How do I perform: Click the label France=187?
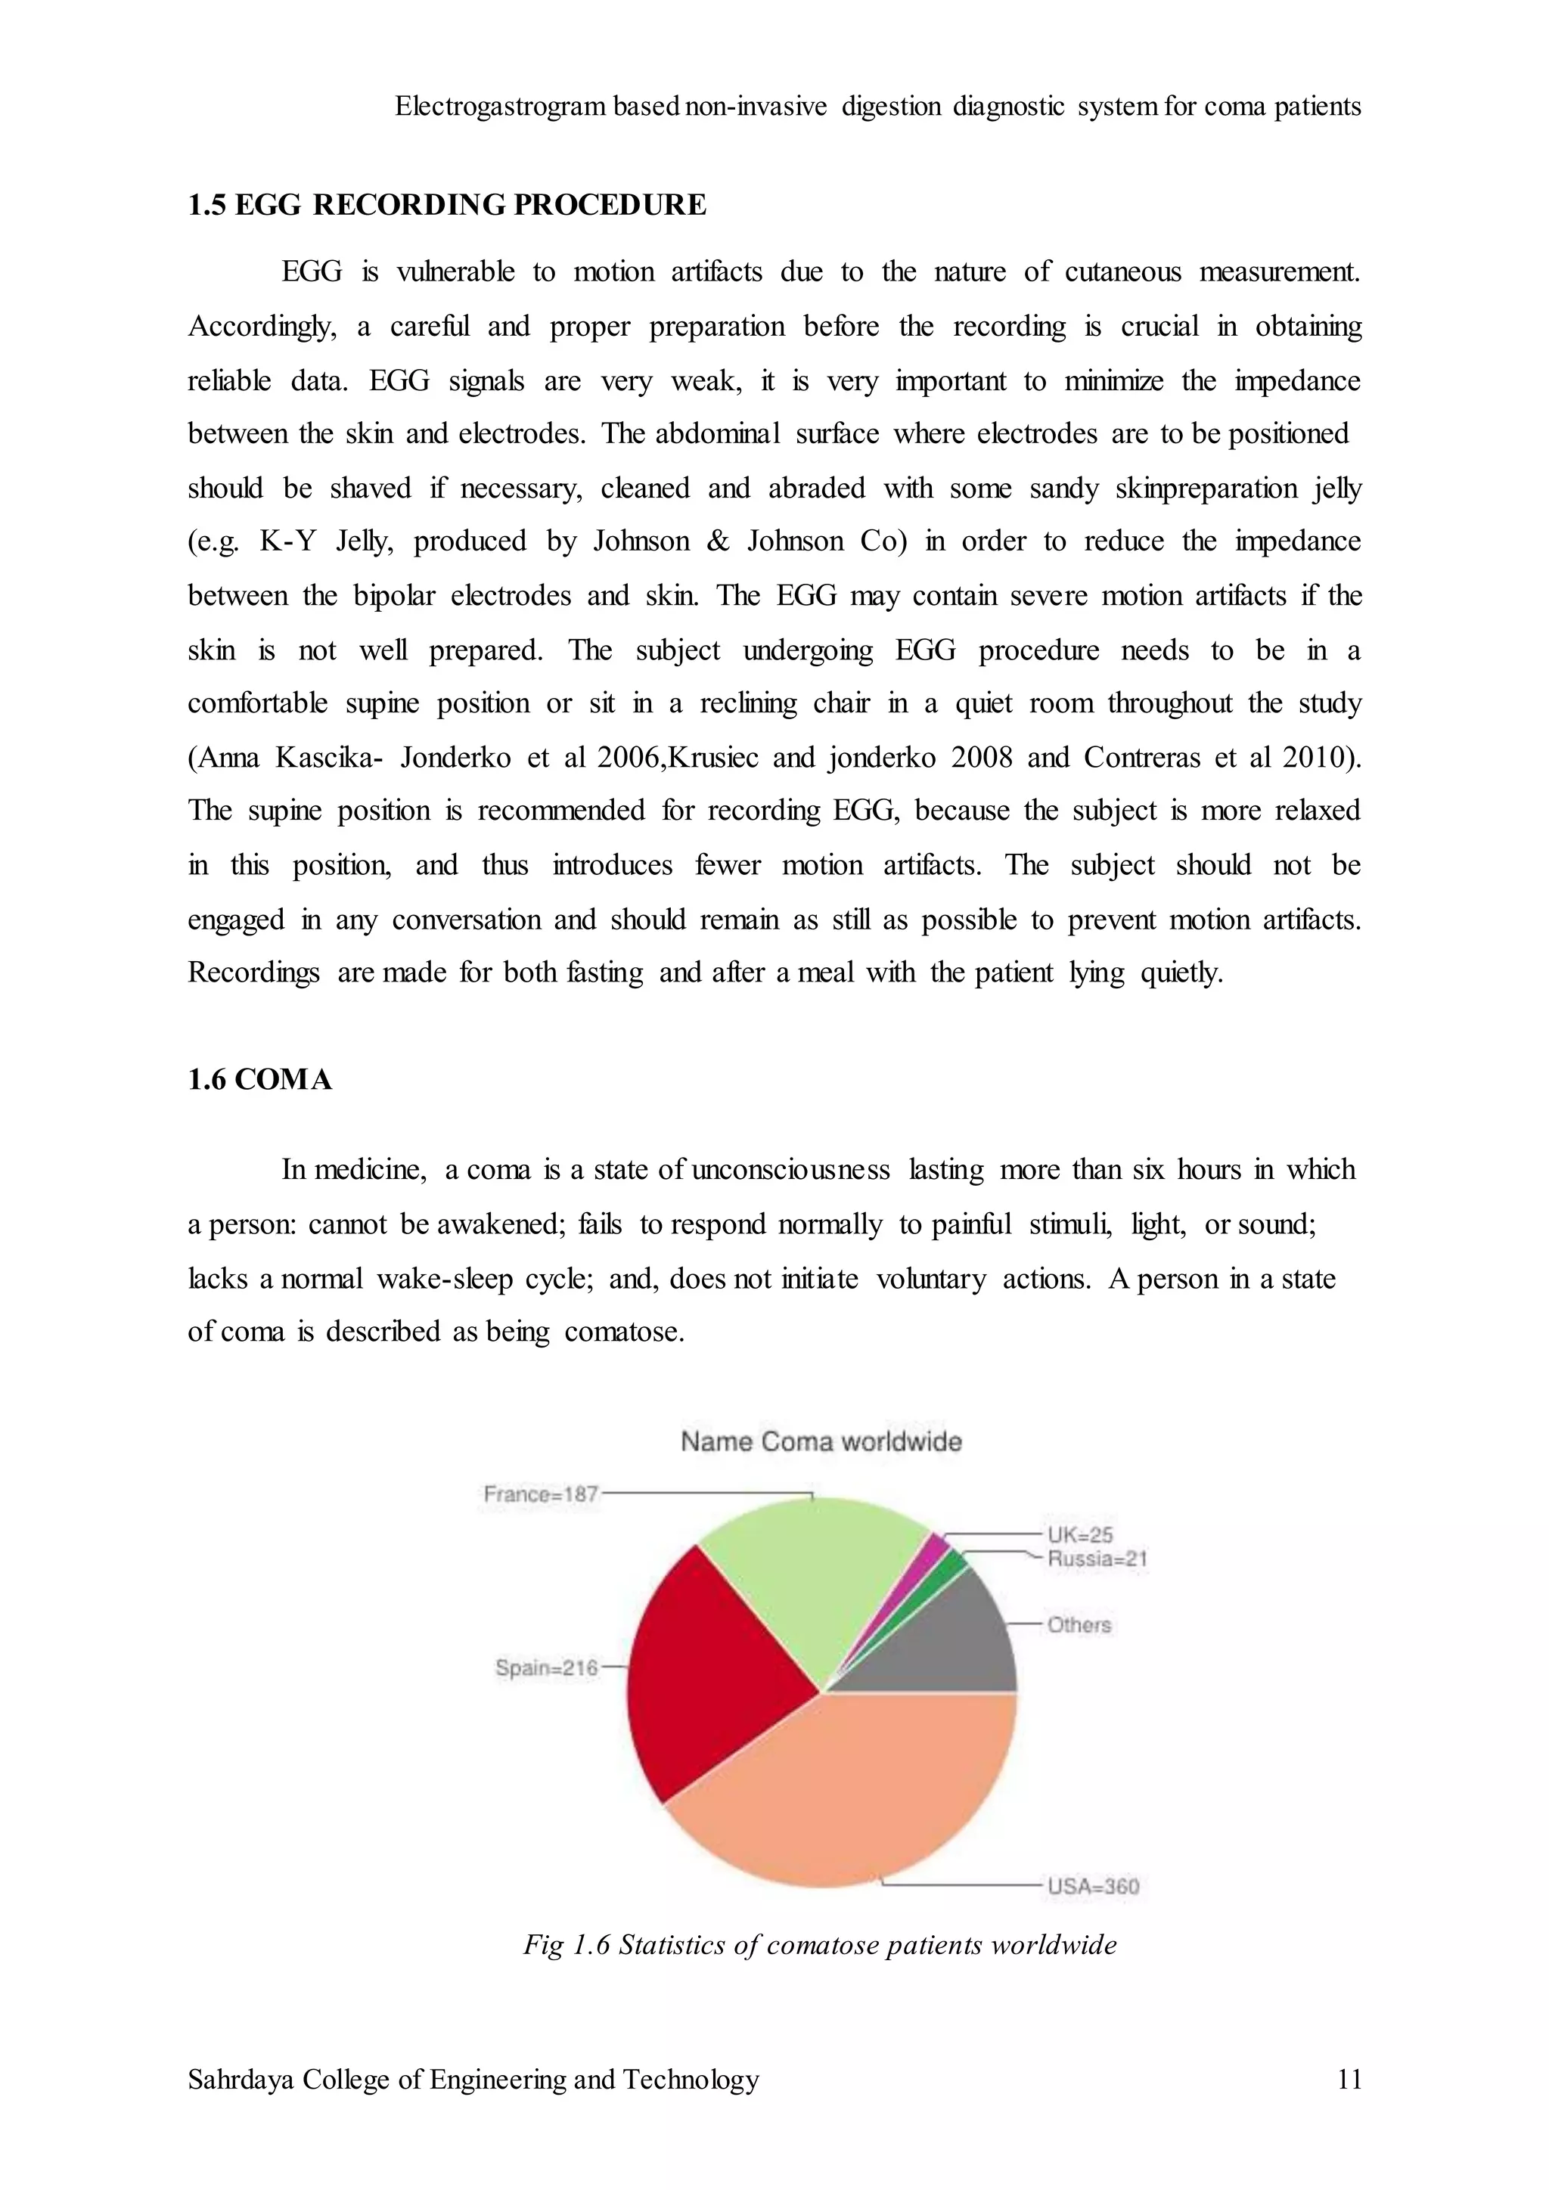click(x=540, y=1494)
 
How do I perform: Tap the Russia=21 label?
click(x=1097, y=1559)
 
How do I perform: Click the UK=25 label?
click(x=1080, y=1534)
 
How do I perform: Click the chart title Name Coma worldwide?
click(x=821, y=1441)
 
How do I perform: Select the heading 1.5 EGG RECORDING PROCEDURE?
click(x=446, y=205)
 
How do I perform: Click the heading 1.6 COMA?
click(x=259, y=1080)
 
